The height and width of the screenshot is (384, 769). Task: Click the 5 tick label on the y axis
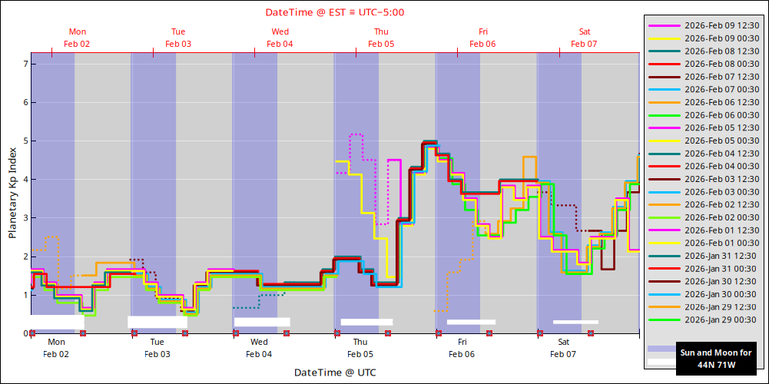pyautogui.click(x=25, y=141)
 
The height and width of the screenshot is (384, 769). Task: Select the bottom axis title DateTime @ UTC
pyautogui.click(x=335, y=372)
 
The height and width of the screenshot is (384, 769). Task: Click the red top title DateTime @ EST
pyautogui.click(x=335, y=12)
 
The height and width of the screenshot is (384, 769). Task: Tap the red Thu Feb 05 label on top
pyautogui.click(x=381, y=38)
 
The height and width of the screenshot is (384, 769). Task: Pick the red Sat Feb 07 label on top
pyautogui.click(x=584, y=38)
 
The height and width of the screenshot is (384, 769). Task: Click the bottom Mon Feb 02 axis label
pyautogui.click(x=56, y=348)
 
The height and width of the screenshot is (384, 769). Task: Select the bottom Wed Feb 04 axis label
pyautogui.click(x=259, y=348)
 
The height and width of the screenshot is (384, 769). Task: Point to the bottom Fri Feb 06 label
pyautogui.click(x=462, y=348)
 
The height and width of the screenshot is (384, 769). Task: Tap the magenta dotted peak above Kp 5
pyautogui.click(x=356, y=135)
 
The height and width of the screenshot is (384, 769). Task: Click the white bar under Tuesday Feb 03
pyautogui.click(x=157, y=322)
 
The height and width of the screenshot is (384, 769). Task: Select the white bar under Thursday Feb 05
pyautogui.click(x=366, y=322)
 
